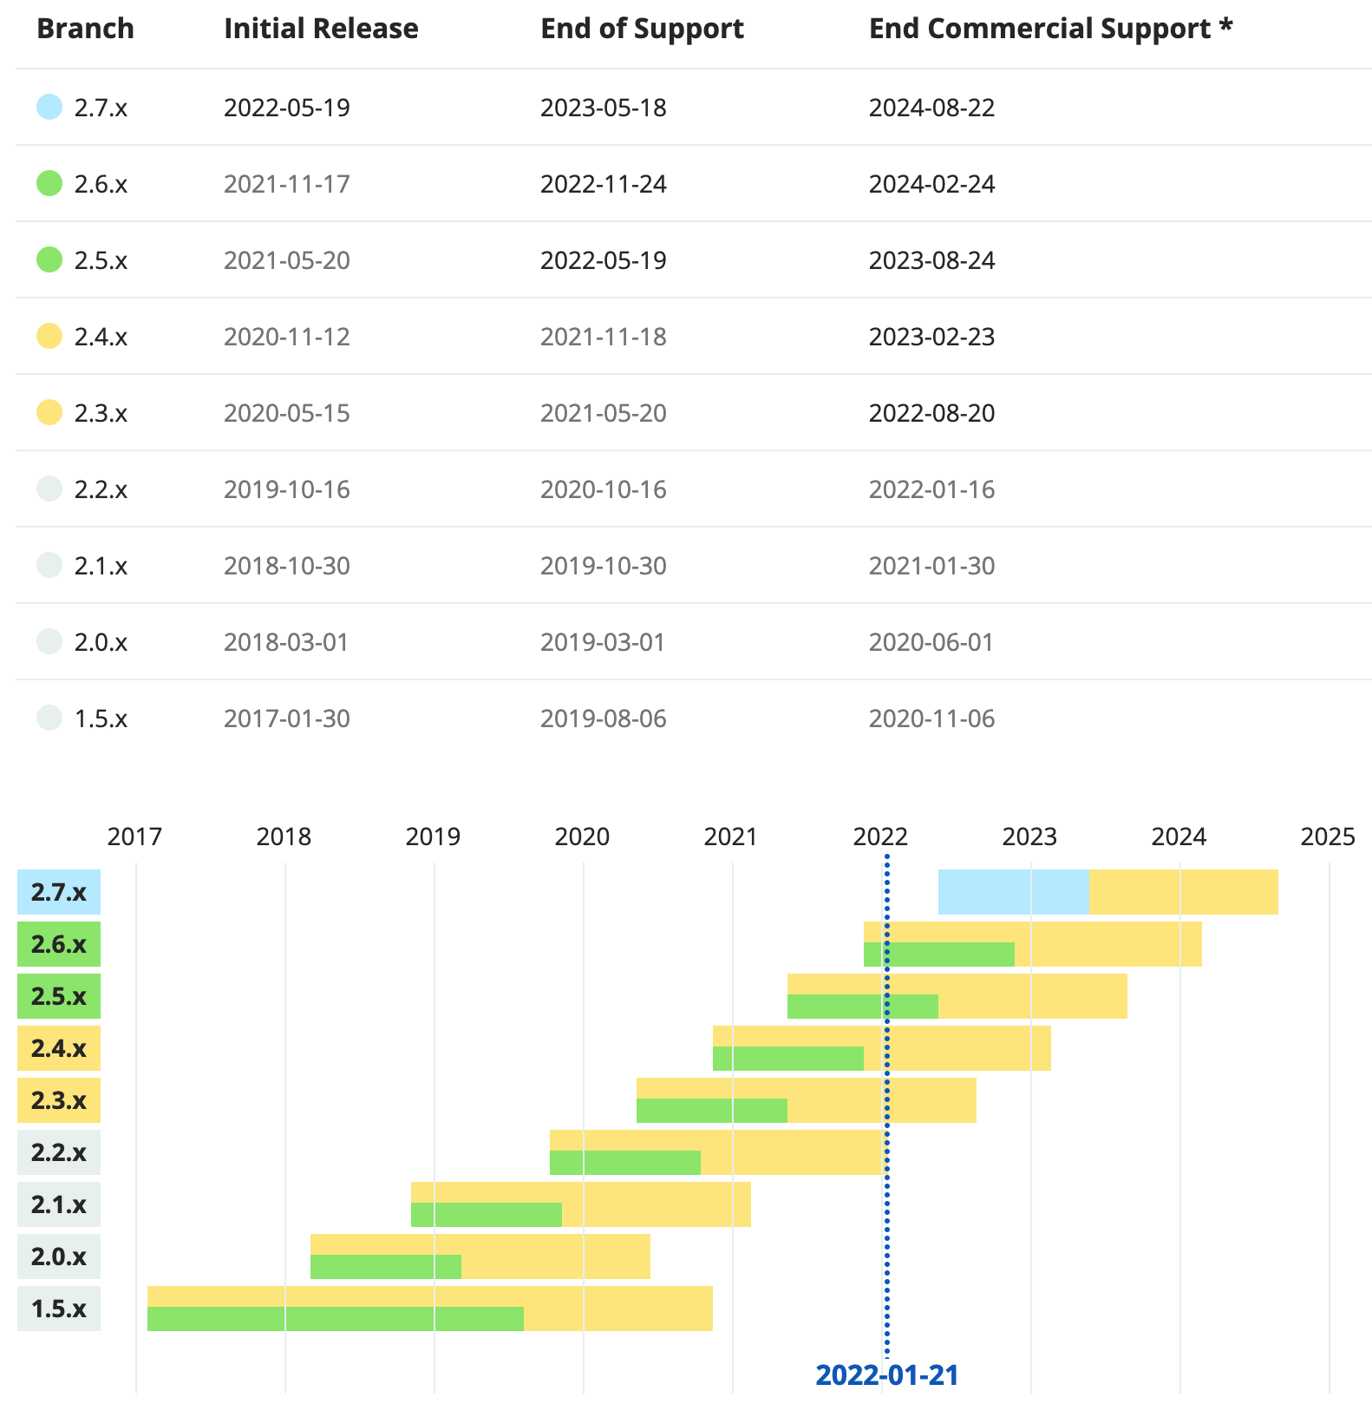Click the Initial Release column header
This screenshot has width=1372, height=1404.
coord(321,29)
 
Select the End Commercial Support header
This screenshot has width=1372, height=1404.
coord(1050,29)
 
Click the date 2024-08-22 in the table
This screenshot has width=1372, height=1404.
coord(931,108)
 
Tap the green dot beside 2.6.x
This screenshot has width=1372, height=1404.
coord(49,183)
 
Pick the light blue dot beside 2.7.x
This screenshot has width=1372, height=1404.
coord(49,107)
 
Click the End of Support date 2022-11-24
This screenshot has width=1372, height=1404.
coord(603,184)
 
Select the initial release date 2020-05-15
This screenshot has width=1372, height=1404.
coord(286,413)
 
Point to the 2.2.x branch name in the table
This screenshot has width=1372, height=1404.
coord(101,489)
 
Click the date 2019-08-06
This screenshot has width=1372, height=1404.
coord(603,718)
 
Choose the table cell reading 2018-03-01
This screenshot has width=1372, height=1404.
coord(286,642)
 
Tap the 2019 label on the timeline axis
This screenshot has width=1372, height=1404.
coord(433,836)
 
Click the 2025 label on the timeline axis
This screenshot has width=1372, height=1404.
coord(1327,836)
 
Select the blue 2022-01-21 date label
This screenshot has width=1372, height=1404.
coord(886,1375)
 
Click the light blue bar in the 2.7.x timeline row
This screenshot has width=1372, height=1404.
coord(1013,892)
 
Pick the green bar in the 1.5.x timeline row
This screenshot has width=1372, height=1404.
coord(335,1319)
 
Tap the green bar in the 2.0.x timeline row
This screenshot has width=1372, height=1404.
coord(385,1267)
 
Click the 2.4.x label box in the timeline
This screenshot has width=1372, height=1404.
coord(59,1048)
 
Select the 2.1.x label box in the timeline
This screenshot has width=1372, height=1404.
coord(59,1204)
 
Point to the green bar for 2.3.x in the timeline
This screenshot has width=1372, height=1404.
coord(711,1111)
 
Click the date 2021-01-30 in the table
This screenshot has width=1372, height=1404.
coord(931,566)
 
